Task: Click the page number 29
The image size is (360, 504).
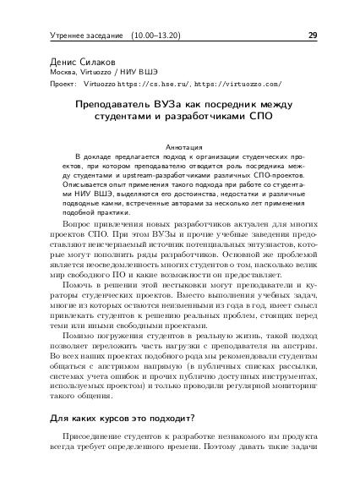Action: click(313, 36)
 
